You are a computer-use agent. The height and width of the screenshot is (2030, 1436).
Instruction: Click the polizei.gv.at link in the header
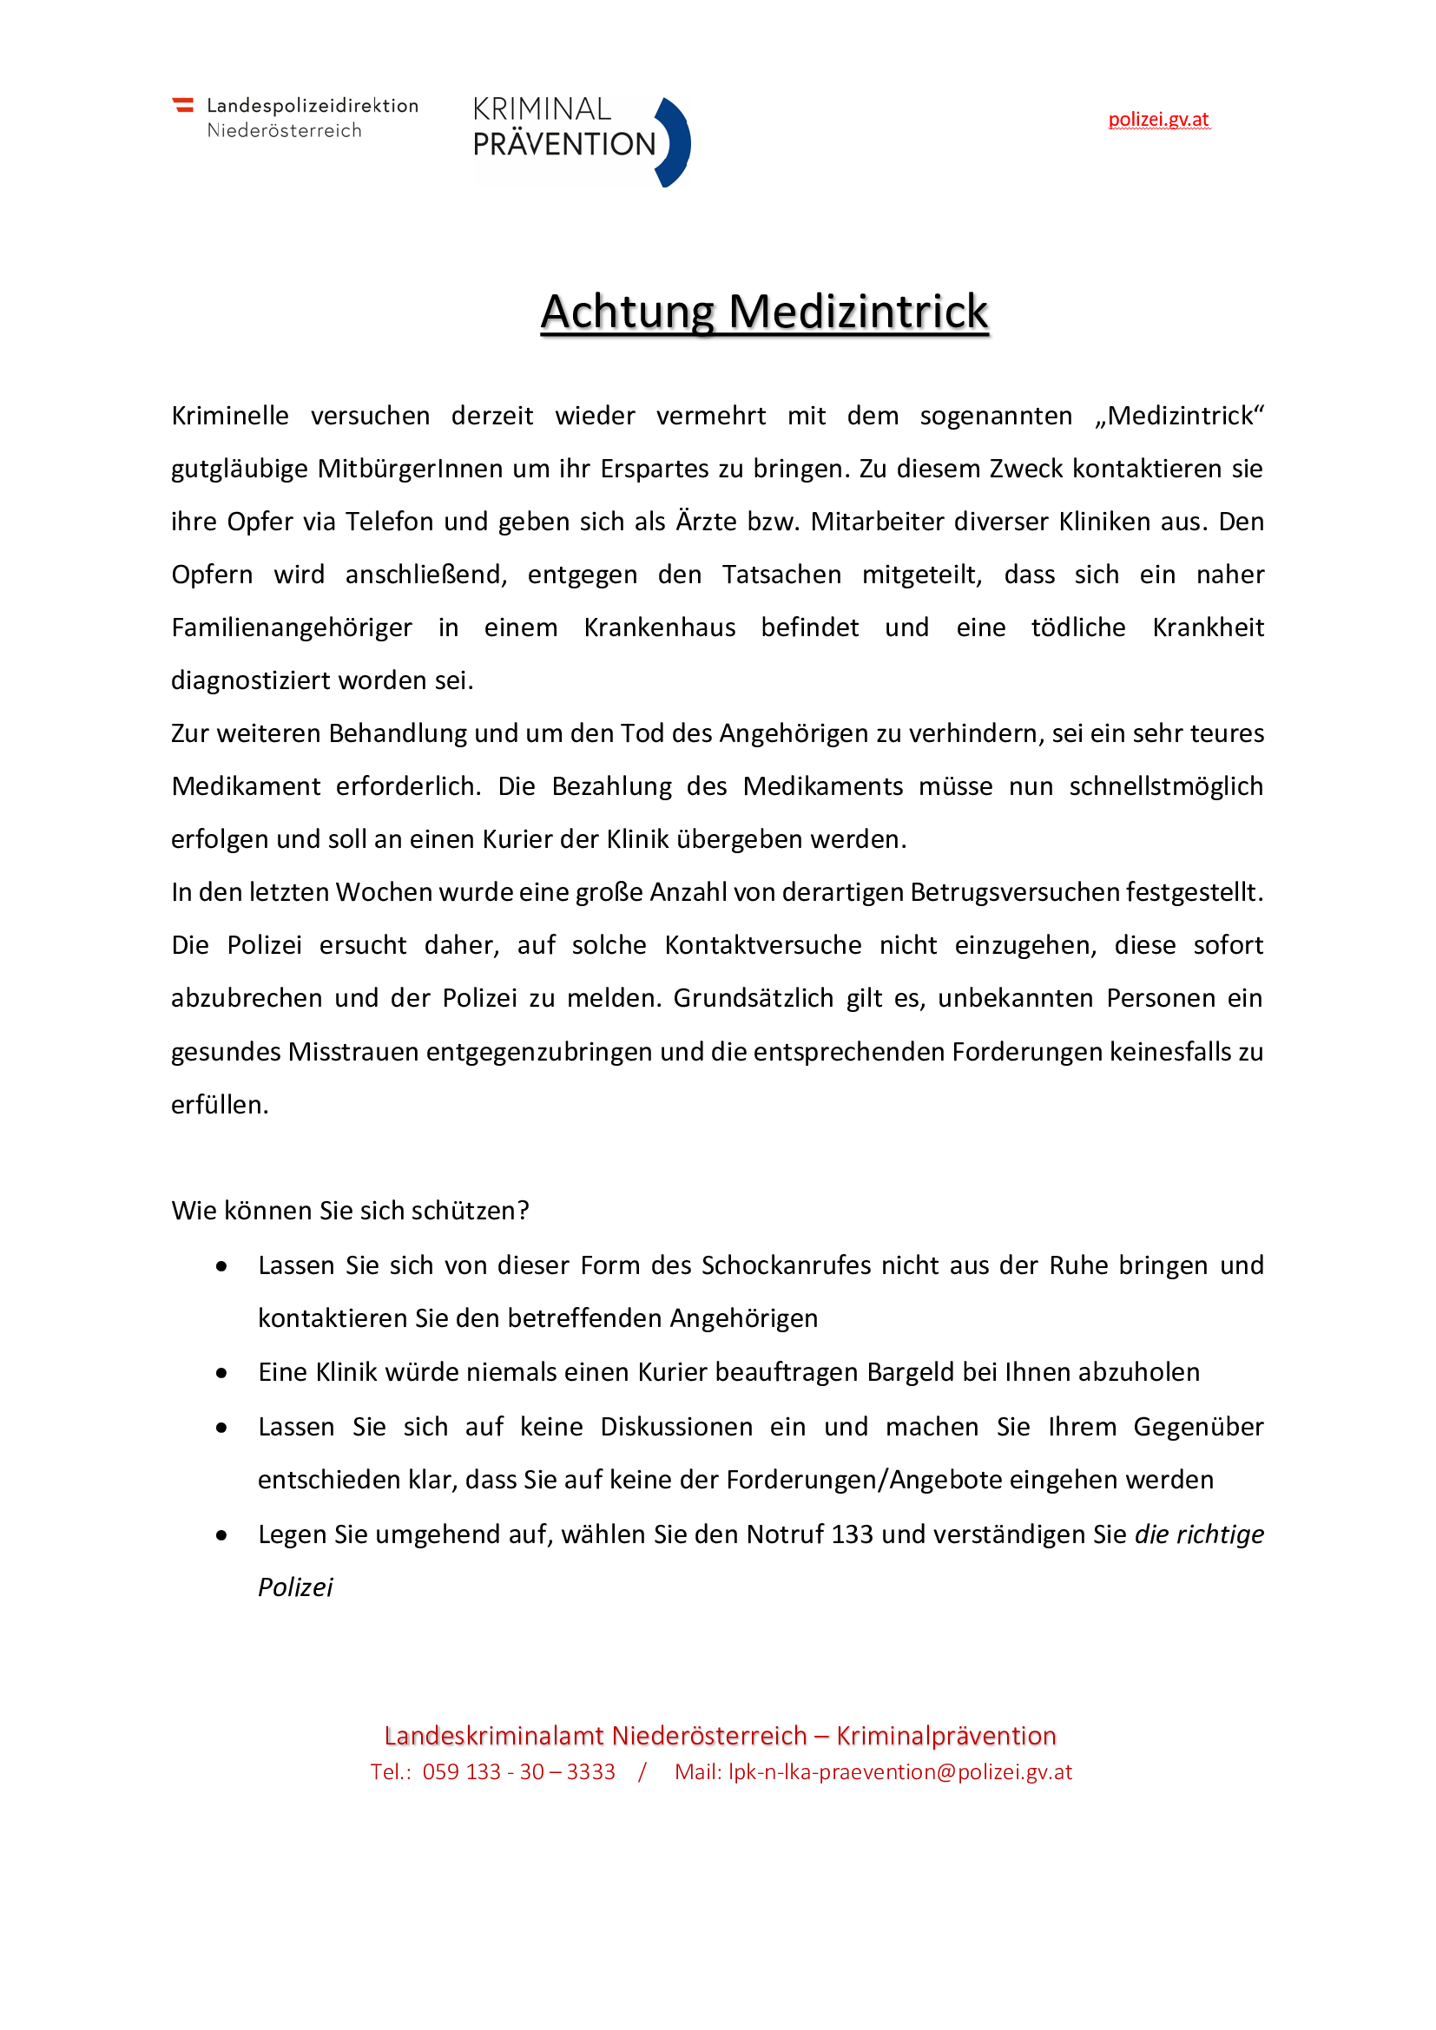coord(1158,120)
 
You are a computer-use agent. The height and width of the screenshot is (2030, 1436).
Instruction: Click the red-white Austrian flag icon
coord(183,105)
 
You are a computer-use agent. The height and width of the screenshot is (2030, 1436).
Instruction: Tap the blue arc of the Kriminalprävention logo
coord(677,142)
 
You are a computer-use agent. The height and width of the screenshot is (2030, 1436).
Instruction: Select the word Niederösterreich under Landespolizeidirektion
coord(284,131)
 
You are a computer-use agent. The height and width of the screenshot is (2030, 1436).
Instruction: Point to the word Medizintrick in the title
coord(858,312)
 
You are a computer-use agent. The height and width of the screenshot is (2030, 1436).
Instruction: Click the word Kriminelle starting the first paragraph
coord(230,416)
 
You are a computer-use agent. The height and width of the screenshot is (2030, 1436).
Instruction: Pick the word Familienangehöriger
coord(292,627)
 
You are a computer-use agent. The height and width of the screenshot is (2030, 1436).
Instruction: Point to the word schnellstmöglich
coord(1165,786)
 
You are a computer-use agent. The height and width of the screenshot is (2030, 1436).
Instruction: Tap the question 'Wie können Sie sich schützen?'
coord(350,1211)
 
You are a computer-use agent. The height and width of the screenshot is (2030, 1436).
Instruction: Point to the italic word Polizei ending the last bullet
coord(295,1587)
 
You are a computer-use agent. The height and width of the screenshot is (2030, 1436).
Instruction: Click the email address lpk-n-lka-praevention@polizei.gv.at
coord(900,1772)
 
